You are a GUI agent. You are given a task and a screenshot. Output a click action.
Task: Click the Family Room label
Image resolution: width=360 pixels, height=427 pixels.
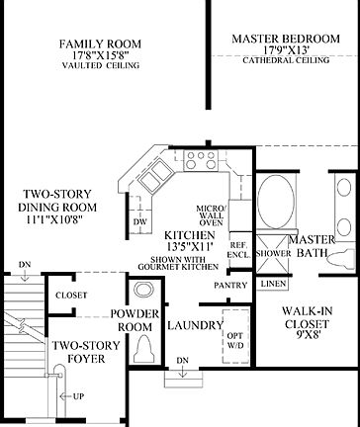[99, 44]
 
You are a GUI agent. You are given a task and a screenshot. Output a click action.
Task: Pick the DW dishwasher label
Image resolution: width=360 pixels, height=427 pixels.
[140, 221]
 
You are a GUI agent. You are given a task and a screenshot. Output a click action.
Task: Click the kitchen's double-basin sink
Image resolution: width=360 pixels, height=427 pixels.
[157, 179]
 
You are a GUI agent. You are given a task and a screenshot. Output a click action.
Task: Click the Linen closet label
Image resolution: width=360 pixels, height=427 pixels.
[274, 285]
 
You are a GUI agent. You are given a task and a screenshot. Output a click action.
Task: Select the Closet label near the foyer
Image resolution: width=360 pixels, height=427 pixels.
[71, 295]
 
